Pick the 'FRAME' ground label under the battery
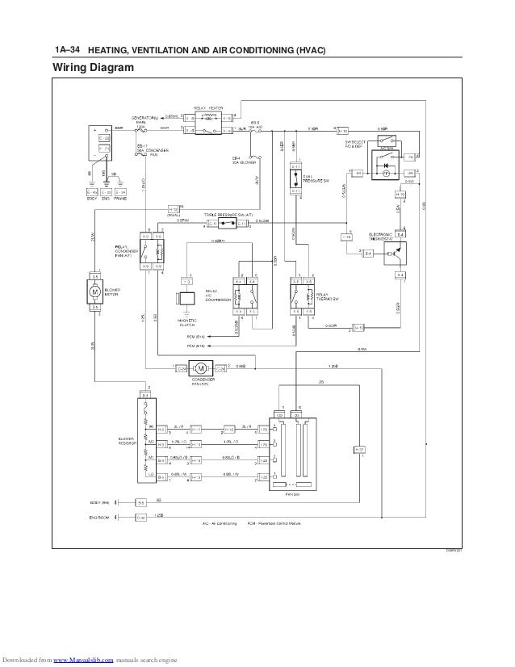(121, 199)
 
